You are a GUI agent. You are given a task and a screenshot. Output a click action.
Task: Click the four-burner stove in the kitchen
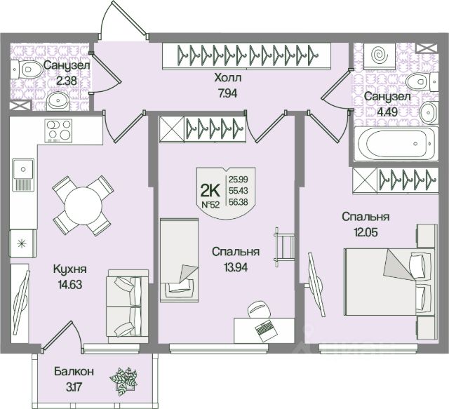coord(58,130)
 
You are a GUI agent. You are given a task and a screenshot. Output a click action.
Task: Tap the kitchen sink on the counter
coord(23,175)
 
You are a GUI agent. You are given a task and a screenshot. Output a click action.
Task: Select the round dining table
coord(83,206)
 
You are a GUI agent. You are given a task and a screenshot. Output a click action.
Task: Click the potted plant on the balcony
coord(123,382)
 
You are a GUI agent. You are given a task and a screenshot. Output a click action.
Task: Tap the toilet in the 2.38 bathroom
coord(26,69)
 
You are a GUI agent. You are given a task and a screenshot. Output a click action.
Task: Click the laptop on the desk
coord(267,331)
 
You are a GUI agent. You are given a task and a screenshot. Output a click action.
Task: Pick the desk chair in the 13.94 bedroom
coord(259,309)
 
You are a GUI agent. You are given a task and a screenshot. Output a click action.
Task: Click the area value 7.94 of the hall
coord(227,93)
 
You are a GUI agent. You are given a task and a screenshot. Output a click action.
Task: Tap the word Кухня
coord(70,269)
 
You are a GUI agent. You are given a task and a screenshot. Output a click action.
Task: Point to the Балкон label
coord(74,372)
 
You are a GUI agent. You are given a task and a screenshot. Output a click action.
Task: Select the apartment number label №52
coord(210,205)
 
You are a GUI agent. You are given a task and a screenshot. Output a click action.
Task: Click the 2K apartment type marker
coord(210,191)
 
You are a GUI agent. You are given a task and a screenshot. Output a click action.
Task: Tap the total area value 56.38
coord(239,202)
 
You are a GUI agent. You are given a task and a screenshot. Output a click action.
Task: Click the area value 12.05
coord(368,233)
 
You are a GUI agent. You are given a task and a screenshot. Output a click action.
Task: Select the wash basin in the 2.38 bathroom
coord(58,100)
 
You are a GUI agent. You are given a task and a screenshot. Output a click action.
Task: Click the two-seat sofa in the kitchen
coord(128,306)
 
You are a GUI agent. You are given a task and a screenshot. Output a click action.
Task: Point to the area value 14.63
coord(70,285)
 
